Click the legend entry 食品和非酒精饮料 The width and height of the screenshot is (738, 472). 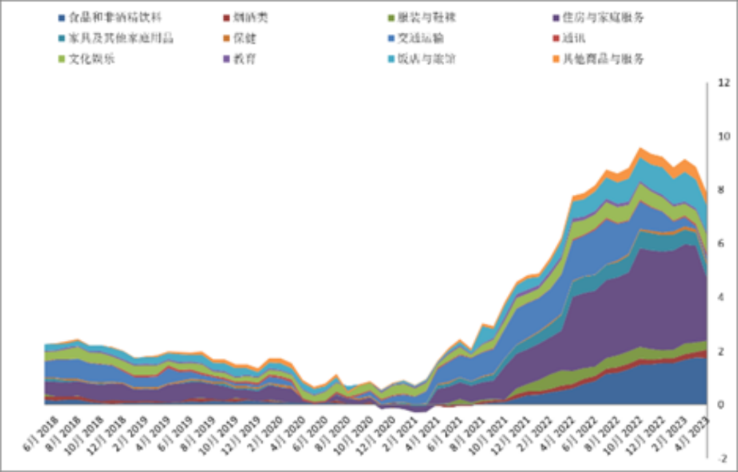click(115, 17)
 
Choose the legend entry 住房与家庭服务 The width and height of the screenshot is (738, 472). click(602, 17)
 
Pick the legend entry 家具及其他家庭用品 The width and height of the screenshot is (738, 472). click(120, 38)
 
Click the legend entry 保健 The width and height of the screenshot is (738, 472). click(245, 38)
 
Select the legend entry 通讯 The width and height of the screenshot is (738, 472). click(575, 38)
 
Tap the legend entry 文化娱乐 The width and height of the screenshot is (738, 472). click(92, 59)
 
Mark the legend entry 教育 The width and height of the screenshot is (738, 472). click(245, 59)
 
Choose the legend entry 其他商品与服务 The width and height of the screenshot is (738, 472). click(602, 59)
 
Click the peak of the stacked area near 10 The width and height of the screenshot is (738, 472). click(640, 148)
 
